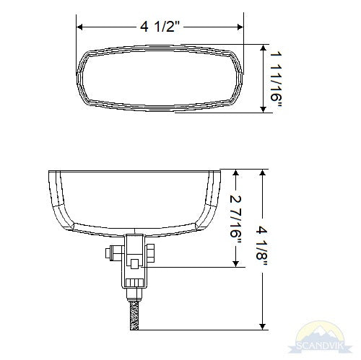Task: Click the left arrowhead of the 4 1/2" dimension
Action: pyautogui.click(x=80, y=27)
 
